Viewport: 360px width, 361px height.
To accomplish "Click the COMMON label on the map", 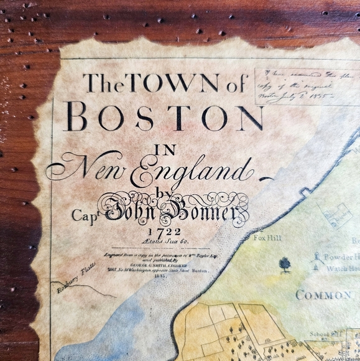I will [323, 294].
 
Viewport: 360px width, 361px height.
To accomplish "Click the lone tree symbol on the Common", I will [285, 265].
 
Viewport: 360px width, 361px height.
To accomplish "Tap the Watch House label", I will [343, 269].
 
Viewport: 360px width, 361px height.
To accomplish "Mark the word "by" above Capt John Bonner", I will [164, 194].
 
